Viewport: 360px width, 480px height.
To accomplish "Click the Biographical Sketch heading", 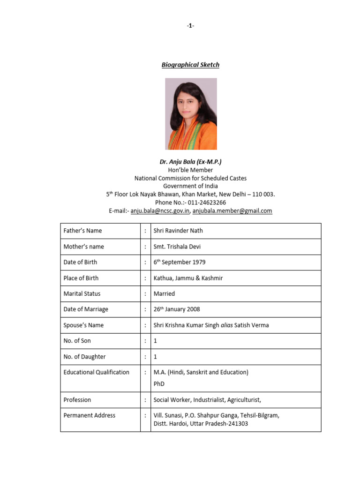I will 190,65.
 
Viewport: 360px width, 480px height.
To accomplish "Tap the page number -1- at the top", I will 190,26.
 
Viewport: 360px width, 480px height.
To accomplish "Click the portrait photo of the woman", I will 191,114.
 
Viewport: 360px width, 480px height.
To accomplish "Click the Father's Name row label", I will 82,231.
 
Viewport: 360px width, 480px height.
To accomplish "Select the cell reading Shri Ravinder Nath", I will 178,231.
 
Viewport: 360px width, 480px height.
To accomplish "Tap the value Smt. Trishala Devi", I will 177,247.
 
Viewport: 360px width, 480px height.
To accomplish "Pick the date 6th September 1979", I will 180,262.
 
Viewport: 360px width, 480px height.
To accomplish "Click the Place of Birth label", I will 81,278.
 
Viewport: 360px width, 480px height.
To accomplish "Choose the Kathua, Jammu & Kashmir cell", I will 188,278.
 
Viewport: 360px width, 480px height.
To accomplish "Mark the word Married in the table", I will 164,294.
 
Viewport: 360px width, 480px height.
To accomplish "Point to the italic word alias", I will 227,325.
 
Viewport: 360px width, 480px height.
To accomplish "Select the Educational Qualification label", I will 96,372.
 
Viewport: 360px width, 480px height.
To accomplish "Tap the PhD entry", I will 159,384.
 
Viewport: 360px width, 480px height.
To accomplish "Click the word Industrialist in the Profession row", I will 210,400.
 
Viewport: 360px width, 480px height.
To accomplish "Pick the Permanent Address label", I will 89,415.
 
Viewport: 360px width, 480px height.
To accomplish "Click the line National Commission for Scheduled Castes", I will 190,178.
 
